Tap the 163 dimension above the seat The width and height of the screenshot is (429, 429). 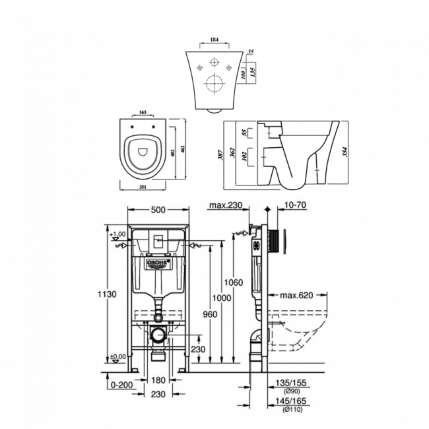143,114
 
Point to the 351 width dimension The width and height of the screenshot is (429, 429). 143,186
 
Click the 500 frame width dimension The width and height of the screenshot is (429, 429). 157,210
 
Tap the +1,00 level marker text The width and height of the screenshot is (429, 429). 117,234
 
